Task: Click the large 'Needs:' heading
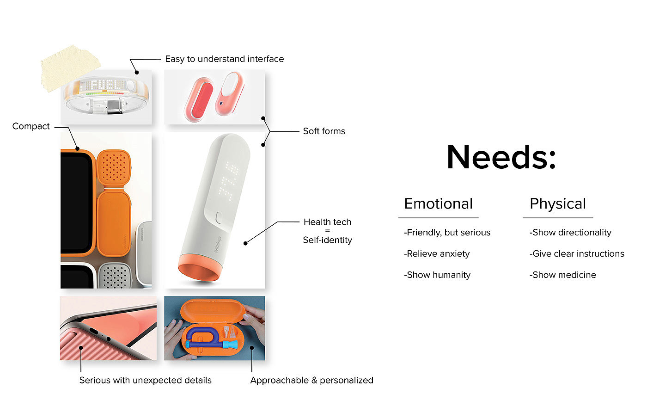(501, 157)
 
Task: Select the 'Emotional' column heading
(438, 203)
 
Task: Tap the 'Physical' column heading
(557, 203)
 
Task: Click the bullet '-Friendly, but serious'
(447, 232)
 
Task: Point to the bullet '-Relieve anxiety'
(436, 253)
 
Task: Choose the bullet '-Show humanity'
(437, 275)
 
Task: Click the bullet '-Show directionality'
(570, 232)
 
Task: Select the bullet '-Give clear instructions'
(576, 253)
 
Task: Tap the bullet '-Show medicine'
(562, 275)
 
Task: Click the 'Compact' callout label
(31, 126)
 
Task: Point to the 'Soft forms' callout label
(324, 131)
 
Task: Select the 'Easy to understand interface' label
(224, 59)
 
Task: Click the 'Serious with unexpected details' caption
(145, 380)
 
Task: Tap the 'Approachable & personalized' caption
(311, 380)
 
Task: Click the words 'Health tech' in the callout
(327, 222)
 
